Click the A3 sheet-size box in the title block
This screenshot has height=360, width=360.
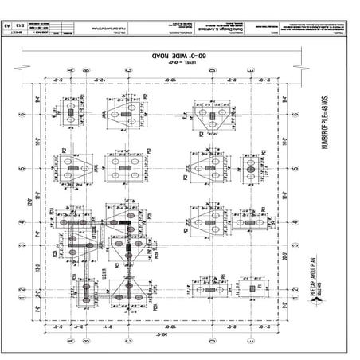click(x=14, y=27)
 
